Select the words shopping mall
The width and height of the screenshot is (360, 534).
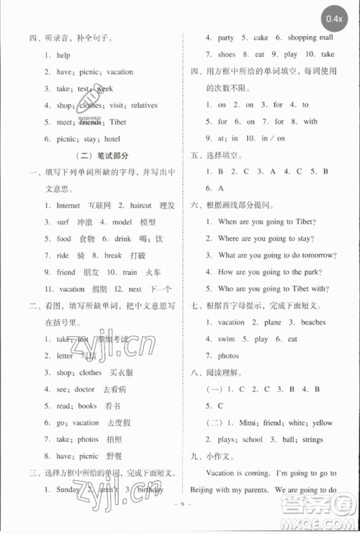(x=310, y=37)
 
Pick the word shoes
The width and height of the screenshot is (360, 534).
(x=226, y=55)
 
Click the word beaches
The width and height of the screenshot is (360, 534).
(x=313, y=322)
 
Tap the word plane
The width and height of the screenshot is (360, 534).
(x=271, y=322)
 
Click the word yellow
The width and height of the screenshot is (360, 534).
(x=322, y=422)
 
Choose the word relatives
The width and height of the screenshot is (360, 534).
(x=144, y=105)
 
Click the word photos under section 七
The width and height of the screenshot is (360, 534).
(x=228, y=356)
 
